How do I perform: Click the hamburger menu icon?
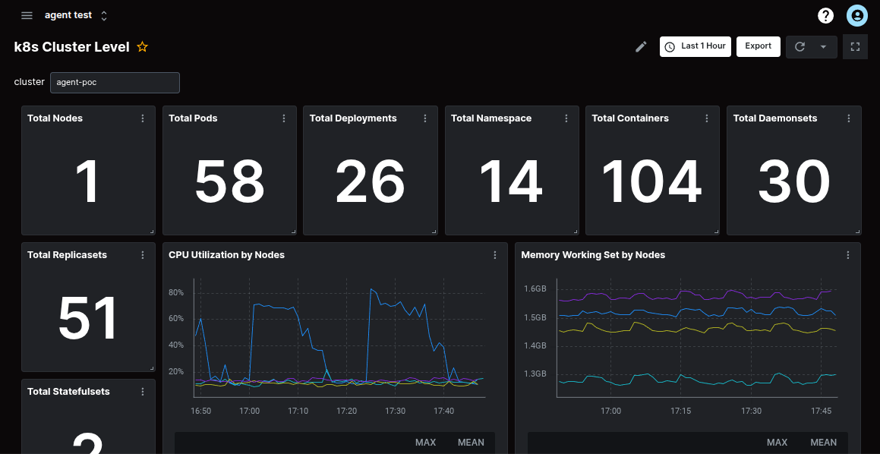(27, 15)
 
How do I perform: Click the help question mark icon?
(825, 15)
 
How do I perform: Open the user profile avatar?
(856, 15)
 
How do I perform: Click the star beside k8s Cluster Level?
(142, 47)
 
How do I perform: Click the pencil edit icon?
(641, 47)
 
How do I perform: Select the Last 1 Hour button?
(695, 46)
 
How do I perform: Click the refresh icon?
(800, 46)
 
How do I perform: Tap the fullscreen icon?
(855, 46)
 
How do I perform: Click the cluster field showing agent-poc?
(115, 82)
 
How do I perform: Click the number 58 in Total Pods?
(229, 182)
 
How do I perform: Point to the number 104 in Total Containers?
(651, 182)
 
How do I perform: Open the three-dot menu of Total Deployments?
(425, 118)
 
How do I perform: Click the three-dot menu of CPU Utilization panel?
(495, 255)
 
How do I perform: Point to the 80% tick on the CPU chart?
(176, 292)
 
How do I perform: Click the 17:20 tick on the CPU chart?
(346, 411)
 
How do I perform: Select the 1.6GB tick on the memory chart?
(535, 289)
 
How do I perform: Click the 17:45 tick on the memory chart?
(821, 411)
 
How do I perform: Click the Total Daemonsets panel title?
(775, 118)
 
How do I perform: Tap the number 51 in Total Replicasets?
(88, 319)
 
